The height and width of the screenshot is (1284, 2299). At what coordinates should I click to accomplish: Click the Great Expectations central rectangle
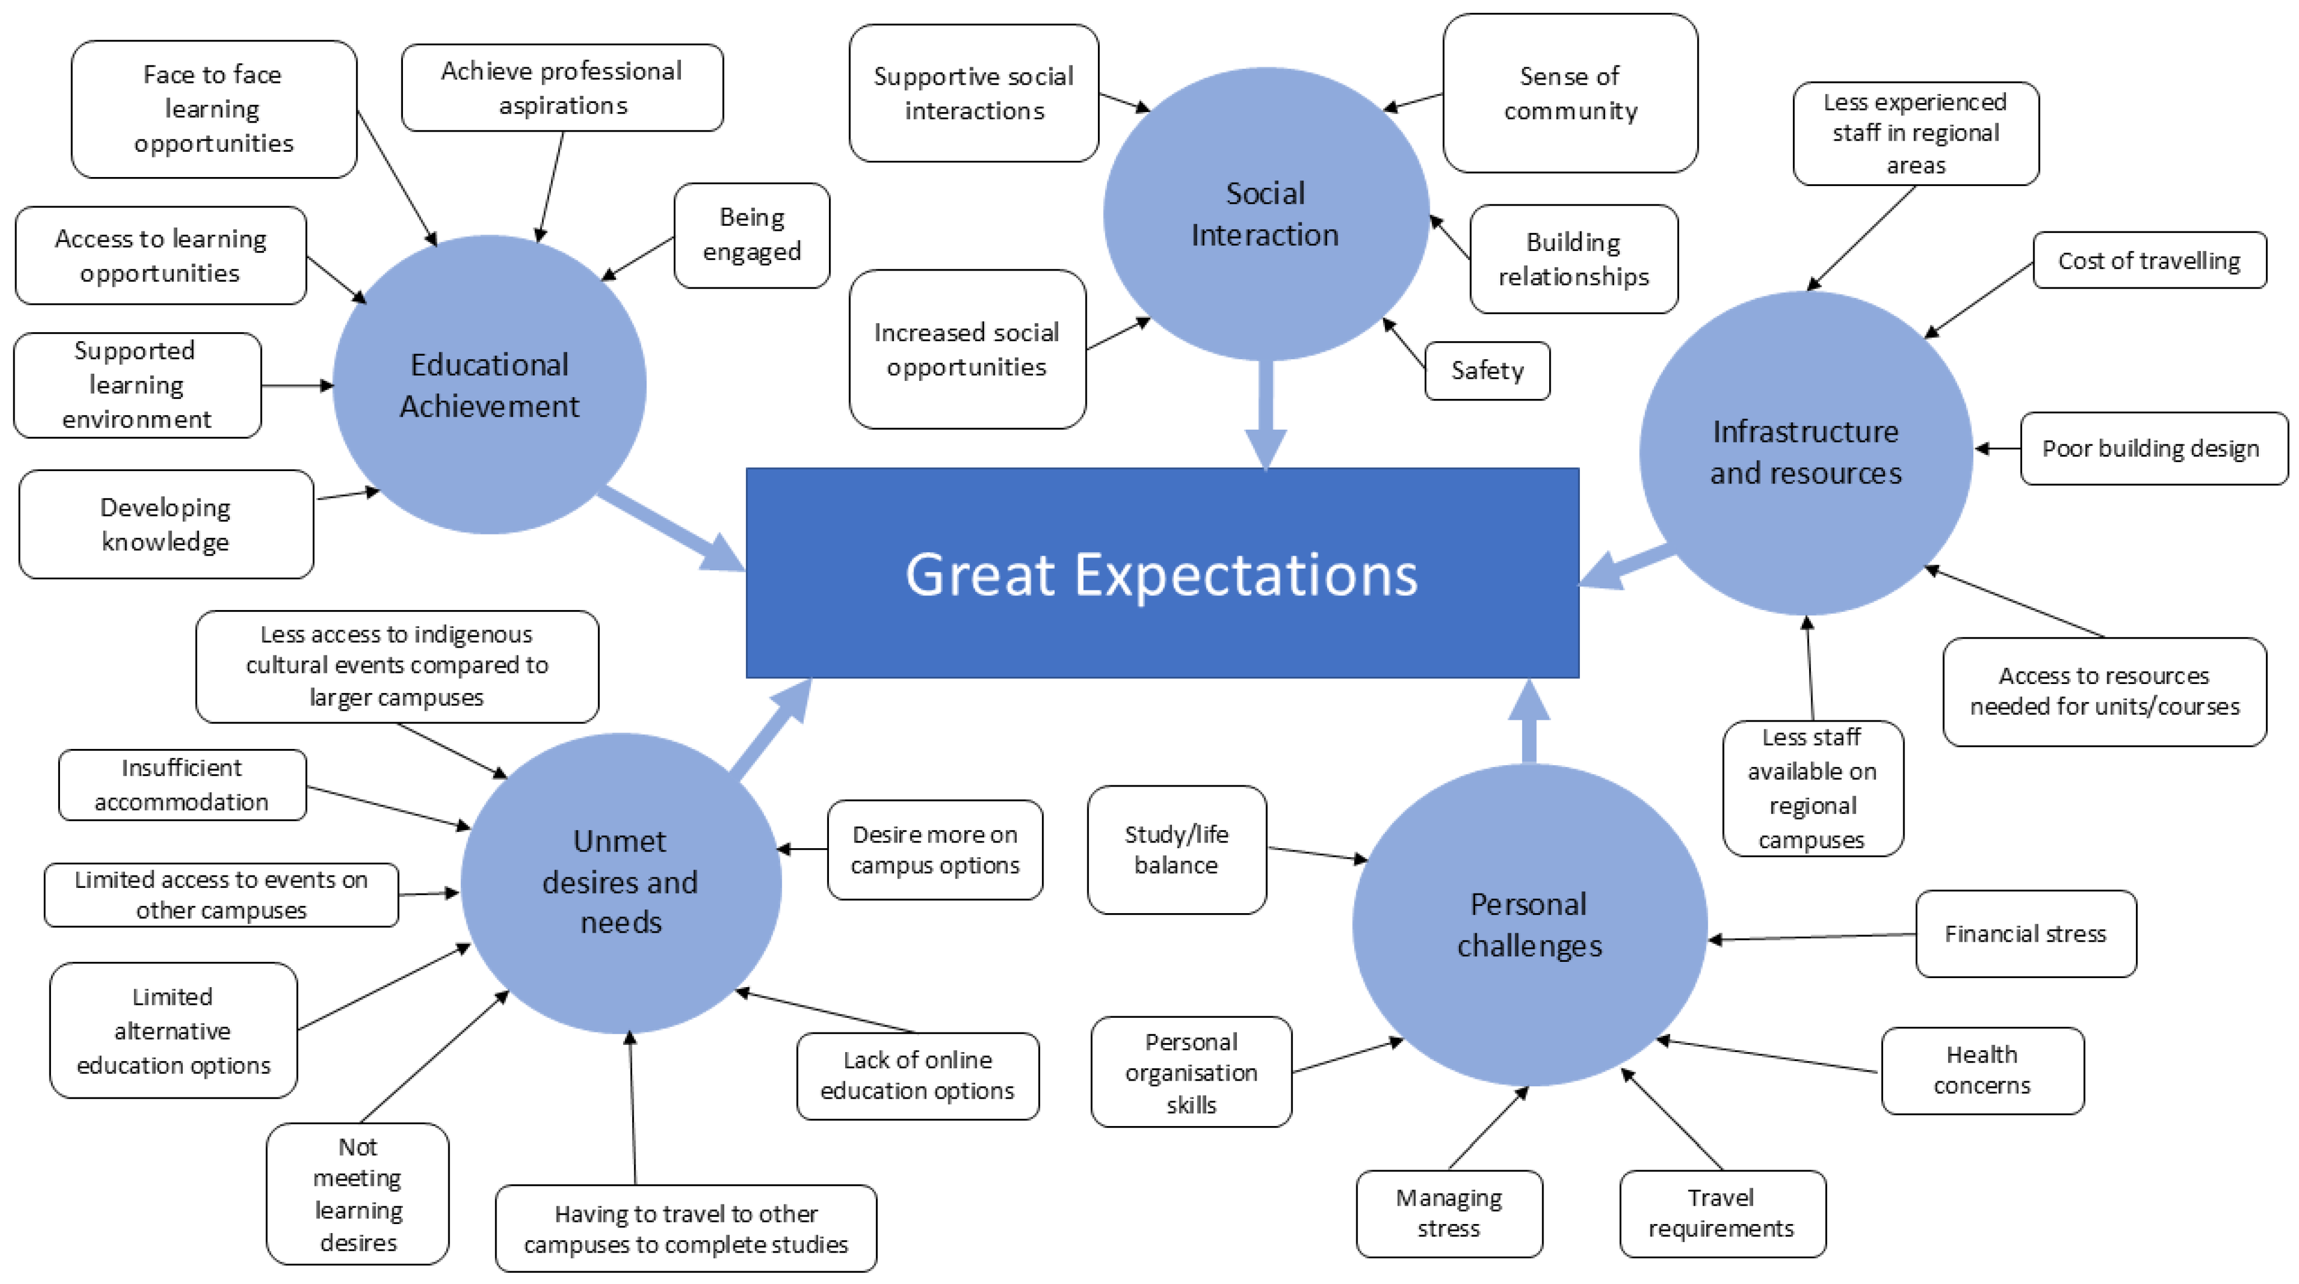pyautogui.click(x=1162, y=573)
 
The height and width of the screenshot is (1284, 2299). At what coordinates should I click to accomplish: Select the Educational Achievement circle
pyautogui.click(x=489, y=384)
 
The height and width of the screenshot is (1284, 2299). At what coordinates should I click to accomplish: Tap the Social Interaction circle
pyautogui.click(x=1266, y=214)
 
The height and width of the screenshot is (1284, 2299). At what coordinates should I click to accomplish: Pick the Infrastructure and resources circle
pyautogui.click(x=1805, y=453)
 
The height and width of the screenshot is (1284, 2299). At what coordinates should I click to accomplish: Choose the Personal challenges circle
pyautogui.click(x=1529, y=924)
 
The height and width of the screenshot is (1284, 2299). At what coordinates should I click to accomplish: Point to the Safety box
pyautogui.click(x=1487, y=370)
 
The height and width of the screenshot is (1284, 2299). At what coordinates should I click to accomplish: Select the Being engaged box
pyautogui.click(x=752, y=235)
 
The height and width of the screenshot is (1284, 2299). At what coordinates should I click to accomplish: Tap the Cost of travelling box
pyautogui.click(x=2149, y=260)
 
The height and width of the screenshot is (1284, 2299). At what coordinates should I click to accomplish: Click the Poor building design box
pyautogui.click(x=2153, y=448)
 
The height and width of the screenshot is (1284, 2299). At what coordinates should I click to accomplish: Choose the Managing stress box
pyautogui.click(x=1448, y=1213)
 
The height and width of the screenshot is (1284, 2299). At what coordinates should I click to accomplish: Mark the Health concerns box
pyautogui.click(x=1982, y=1071)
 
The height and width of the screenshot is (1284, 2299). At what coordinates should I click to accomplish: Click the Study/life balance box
pyautogui.click(x=1176, y=849)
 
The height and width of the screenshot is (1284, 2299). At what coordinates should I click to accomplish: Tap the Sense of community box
pyautogui.click(x=1570, y=93)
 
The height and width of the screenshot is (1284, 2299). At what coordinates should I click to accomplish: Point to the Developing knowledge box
pyautogui.click(x=166, y=525)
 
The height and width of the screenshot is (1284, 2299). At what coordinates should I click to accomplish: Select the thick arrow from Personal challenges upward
pyautogui.click(x=1529, y=721)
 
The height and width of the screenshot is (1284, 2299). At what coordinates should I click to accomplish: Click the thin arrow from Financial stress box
pyautogui.click(x=1812, y=937)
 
